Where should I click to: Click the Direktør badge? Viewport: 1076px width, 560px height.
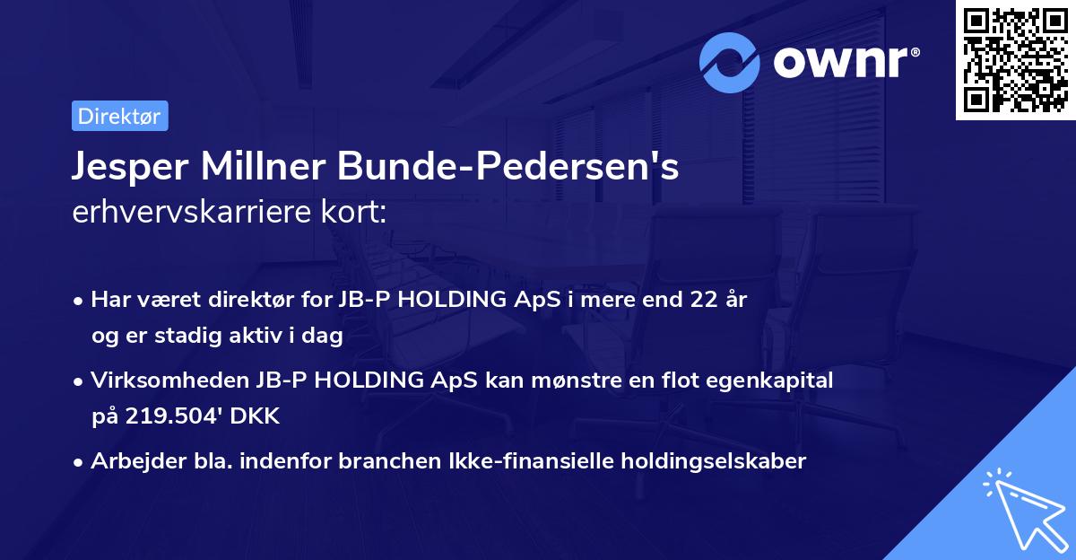tap(119, 116)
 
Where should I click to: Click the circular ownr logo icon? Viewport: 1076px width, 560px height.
tap(730, 63)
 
